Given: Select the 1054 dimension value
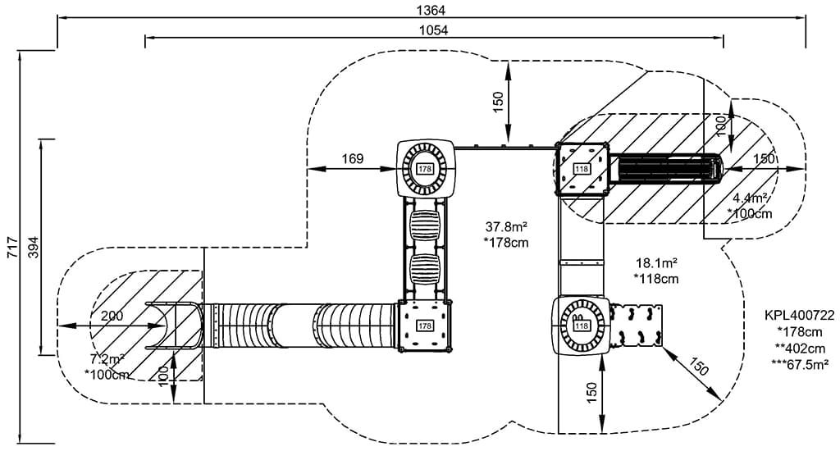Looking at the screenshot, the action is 433,30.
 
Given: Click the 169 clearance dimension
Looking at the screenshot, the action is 353,158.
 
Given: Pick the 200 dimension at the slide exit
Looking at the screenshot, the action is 112,316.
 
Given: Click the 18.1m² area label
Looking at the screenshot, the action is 657,262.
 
